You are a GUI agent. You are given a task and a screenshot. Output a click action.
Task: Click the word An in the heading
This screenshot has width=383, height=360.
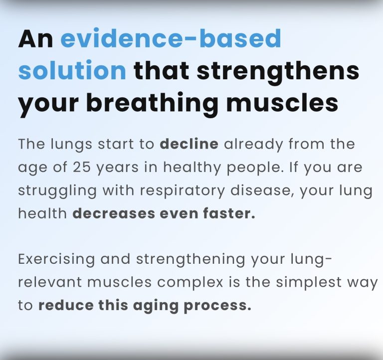(36, 38)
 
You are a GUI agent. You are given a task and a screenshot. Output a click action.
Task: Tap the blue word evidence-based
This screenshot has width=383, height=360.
(171, 38)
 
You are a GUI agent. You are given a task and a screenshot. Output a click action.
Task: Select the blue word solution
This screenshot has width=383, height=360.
(72, 70)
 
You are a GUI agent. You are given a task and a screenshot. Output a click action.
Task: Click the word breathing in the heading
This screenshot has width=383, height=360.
(153, 103)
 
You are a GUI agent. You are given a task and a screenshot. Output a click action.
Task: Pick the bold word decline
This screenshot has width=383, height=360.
(189, 144)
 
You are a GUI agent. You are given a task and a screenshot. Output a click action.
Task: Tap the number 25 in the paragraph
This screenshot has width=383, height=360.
(82, 168)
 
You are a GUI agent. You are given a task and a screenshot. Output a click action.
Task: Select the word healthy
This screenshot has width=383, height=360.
(192, 168)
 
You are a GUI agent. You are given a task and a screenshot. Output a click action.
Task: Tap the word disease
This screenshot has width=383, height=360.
(262, 190)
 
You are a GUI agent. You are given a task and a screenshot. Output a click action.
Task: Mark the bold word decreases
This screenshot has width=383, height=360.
(114, 213)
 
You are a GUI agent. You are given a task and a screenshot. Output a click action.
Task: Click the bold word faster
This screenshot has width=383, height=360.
(229, 213)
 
